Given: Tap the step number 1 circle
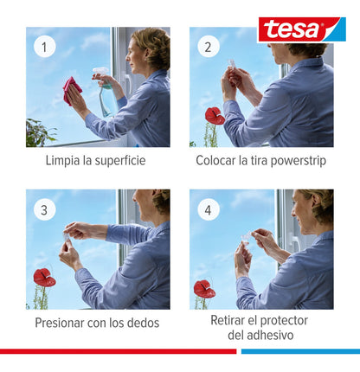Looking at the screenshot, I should (x=45, y=46).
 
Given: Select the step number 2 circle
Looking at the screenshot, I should (x=208, y=46).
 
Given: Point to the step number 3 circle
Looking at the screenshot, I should (x=45, y=208).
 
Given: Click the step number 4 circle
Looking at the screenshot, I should (x=208, y=208).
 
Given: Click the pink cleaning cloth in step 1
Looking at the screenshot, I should (x=73, y=90).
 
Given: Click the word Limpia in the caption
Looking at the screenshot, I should (x=64, y=160).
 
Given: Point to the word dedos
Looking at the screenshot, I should (x=143, y=323).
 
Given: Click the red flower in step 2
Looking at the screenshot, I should (x=214, y=116).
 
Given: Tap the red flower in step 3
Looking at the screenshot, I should (x=43, y=278).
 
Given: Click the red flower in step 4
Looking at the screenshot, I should (x=204, y=288).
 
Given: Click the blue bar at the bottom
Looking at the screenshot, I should (x=299, y=351).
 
